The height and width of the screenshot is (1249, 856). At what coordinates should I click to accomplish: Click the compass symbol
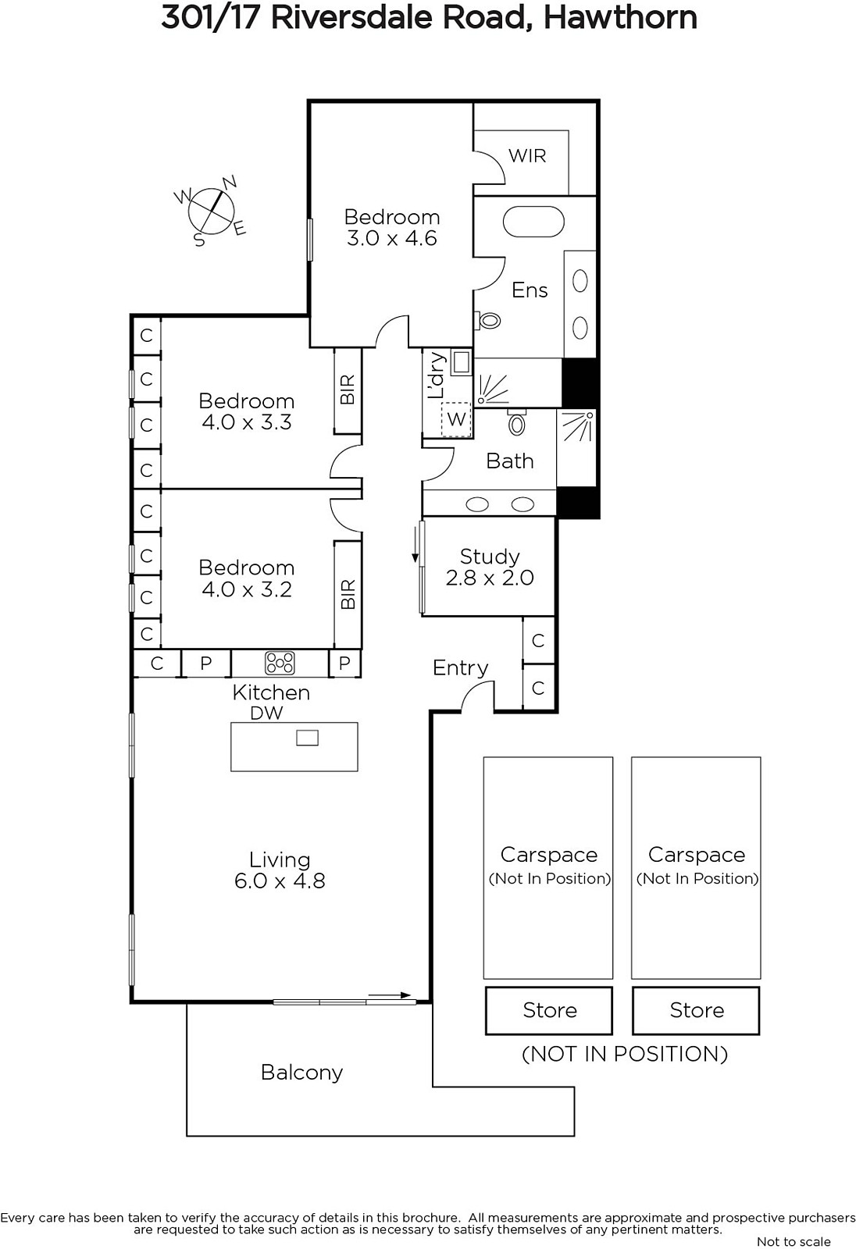click(210, 211)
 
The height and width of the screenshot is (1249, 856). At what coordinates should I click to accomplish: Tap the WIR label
click(527, 155)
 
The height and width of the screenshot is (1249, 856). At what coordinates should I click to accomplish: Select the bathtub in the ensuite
click(533, 222)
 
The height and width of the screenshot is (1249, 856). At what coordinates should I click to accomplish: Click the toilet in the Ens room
click(487, 320)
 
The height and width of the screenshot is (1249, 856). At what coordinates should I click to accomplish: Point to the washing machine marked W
click(456, 418)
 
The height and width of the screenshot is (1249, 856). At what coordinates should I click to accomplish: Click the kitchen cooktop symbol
click(280, 663)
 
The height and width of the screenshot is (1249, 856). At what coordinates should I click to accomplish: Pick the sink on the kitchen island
click(307, 738)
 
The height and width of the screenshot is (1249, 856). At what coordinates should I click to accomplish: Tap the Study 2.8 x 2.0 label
click(490, 567)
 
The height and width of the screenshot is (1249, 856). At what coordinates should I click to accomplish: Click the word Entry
click(460, 668)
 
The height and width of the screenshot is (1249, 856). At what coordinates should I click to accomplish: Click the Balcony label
click(302, 1073)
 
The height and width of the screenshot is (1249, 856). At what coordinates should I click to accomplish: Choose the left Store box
click(549, 1010)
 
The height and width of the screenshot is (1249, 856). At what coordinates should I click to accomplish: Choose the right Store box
click(696, 1010)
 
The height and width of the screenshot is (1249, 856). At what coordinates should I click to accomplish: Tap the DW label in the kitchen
click(267, 713)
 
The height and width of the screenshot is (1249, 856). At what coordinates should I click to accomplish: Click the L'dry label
click(437, 375)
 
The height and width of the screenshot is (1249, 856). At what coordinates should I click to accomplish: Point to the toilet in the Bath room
click(517, 422)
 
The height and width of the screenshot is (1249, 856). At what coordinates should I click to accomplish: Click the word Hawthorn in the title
click(620, 18)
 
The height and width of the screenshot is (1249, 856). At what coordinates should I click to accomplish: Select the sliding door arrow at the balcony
click(390, 995)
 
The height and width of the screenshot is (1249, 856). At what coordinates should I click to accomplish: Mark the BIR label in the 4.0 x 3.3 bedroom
click(347, 390)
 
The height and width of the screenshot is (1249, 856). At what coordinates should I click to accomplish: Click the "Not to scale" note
click(794, 1241)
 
